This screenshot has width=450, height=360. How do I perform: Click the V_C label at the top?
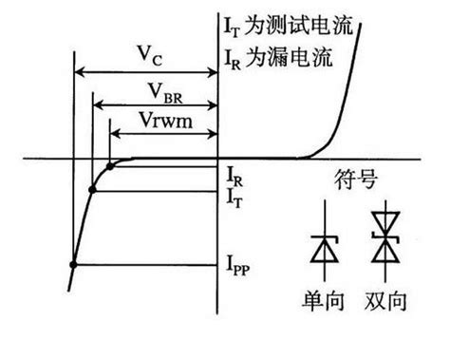(x=150, y=56)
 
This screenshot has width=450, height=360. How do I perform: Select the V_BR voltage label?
(x=165, y=93)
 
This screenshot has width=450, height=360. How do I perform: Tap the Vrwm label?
(x=166, y=121)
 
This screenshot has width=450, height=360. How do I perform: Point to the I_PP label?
(x=238, y=266)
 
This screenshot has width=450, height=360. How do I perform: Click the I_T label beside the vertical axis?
(x=234, y=199)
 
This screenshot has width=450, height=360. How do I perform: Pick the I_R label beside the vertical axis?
(x=234, y=178)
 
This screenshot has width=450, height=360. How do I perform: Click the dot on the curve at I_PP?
(x=73, y=264)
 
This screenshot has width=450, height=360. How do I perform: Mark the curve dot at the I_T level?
(x=92, y=190)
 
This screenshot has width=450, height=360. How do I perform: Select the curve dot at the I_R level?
(x=110, y=166)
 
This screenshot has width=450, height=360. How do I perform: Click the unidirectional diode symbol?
(x=325, y=241)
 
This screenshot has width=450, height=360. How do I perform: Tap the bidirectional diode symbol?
(x=385, y=241)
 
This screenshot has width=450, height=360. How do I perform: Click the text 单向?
(x=323, y=301)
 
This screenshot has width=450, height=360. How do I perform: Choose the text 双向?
(x=385, y=301)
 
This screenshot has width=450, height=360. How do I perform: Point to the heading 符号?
(x=356, y=180)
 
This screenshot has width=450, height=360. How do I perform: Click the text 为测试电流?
(x=298, y=25)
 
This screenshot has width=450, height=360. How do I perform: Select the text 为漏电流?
(x=289, y=57)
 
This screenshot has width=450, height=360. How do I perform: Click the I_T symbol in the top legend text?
(x=232, y=28)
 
